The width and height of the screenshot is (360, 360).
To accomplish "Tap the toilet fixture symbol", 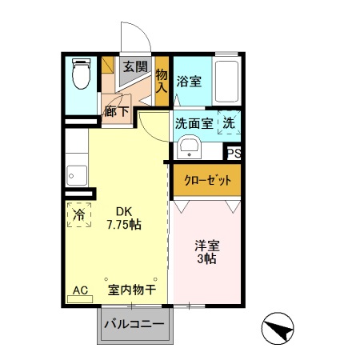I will point(82,75).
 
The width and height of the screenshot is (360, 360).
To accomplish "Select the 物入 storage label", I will point(162,80).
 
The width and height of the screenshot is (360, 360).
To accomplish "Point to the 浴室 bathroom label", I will point(189,81).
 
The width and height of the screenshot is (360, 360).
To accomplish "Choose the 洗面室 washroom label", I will point(194,124).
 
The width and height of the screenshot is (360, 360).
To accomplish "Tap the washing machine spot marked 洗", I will point(228,124).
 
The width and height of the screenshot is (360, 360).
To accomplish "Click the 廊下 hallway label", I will point(116,111).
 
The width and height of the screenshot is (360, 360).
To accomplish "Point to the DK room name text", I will point(124,211).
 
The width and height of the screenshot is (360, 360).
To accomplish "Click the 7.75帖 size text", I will point(124,225).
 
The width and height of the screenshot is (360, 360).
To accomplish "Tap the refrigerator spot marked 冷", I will point(79,214).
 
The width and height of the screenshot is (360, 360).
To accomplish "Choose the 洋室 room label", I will point(207,246).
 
